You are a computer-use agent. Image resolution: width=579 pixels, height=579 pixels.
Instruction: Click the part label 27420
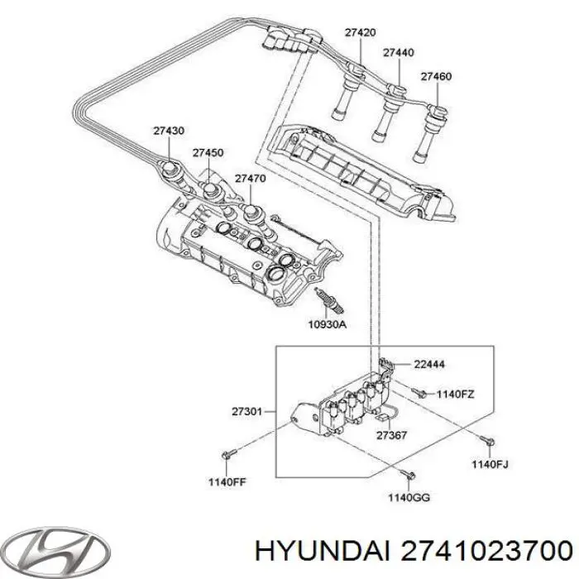pos(360,33)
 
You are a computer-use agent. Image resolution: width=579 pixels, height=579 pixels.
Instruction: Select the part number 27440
pos(398,53)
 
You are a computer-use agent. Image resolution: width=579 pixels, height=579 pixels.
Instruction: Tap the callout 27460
pos(435,77)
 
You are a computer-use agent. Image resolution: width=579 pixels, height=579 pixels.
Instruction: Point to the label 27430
pos(169,131)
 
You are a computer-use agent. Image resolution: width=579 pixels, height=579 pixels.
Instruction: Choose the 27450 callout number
pos(208,153)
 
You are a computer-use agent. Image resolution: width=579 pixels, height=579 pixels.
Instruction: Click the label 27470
pos(249,178)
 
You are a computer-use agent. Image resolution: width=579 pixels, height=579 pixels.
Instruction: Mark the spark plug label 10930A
pos(328,325)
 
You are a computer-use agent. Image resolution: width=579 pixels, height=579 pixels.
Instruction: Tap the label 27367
pos(390,436)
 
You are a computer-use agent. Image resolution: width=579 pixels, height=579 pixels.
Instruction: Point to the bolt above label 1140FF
pos(230,454)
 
